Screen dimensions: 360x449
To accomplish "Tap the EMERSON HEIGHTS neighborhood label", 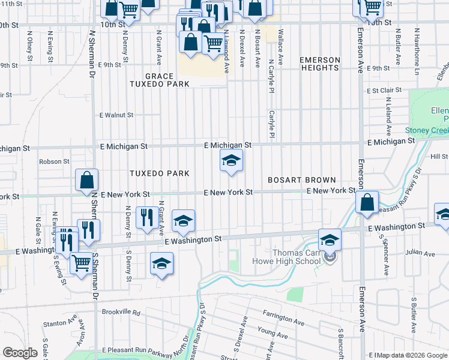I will pyautogui.click(x=319, y=64).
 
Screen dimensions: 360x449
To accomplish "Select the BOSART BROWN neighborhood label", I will pyautogui.click(x=301, y=180).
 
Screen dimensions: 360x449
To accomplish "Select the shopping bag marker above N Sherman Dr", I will pyautogui.click(x=87, y=180).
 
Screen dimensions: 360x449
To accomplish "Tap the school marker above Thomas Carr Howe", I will pyautogui.click(x=330, y=240).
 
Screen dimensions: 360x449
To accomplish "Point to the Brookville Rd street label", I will pyautogui.click(x=121, y=313).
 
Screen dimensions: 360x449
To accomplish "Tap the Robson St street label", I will pyautogui.click(x=54, y=161).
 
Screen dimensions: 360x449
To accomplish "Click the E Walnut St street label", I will pyautogui.click(x=116, y=115).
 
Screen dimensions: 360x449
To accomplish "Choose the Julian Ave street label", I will pyautogui.click(x=420, y=254).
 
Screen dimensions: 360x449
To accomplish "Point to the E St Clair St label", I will pyautogui.click(x=384, y=91).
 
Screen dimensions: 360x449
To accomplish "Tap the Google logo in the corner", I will pyautogui.click(x=20, y=352).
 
